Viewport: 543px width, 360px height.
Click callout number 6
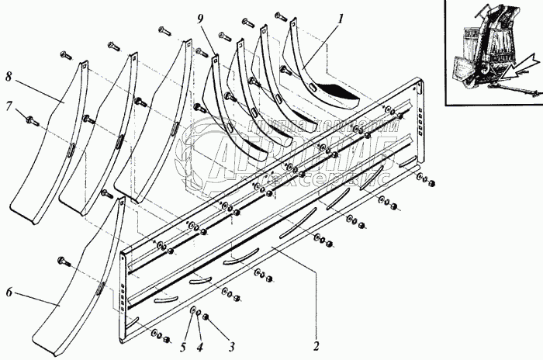9,292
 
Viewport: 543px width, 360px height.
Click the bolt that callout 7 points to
32,120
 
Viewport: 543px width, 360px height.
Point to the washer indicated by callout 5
192,312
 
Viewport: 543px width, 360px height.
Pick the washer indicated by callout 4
199,315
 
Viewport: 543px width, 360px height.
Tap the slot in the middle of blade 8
69,147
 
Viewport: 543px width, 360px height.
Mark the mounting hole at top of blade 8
82,67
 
